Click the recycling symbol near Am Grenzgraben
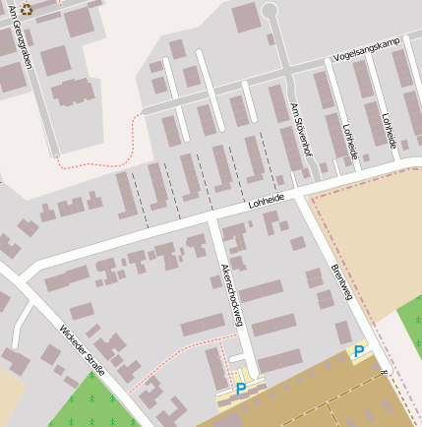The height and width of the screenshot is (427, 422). [x=27, y=9]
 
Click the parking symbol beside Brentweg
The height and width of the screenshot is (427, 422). [x=359, y=352]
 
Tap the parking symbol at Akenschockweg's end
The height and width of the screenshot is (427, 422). [x=241, y=390]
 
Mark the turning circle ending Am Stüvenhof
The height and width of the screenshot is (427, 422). [x=269, y=11]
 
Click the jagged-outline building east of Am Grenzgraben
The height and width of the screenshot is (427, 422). [x=71, y=92]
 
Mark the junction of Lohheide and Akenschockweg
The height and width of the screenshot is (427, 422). [x=211, y=218]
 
